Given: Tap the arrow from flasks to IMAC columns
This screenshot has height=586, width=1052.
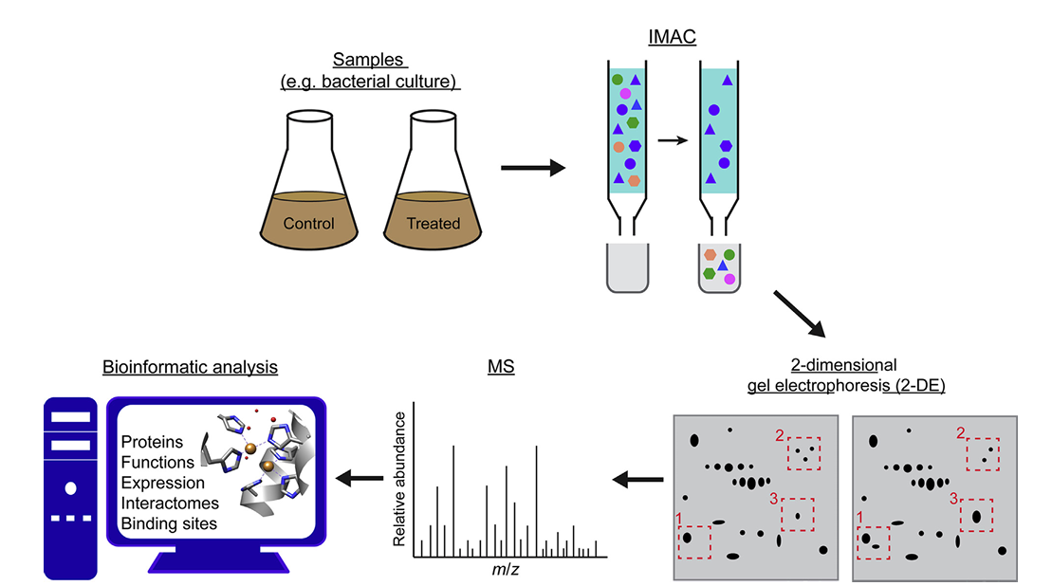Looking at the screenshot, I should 531,169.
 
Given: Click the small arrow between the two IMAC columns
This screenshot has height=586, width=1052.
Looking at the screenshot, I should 673,140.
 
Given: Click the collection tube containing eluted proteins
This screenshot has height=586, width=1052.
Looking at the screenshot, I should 718,267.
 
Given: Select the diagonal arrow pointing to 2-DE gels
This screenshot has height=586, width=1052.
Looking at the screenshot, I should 799,314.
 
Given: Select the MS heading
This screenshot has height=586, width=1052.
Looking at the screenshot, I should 500,366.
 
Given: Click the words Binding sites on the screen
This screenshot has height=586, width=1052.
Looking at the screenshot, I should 168,523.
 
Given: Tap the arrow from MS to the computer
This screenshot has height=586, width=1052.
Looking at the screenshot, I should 359,480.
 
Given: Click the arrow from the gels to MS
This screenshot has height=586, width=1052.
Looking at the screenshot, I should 637,480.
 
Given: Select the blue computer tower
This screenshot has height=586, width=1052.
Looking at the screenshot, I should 71,487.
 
